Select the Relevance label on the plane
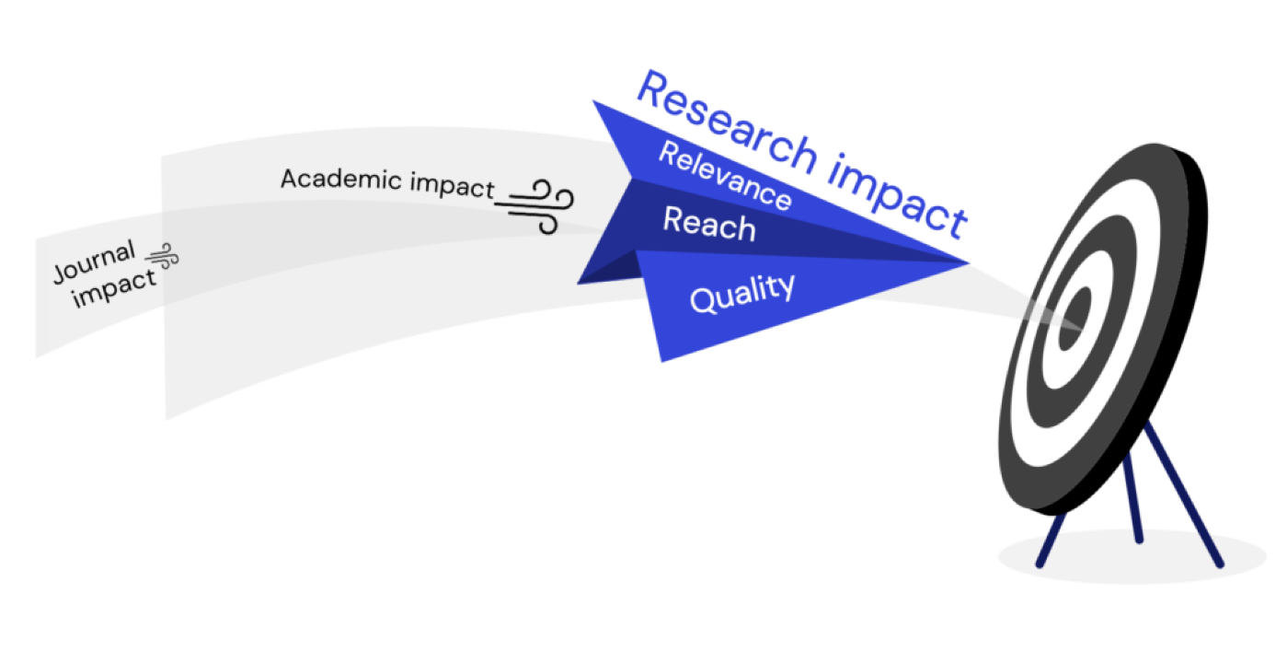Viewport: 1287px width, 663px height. pyautogui.click(x=725, y=175)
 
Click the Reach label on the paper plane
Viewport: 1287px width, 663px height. pyautogui.click(x=709, y=224)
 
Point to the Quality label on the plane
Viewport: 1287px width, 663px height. pyautogui.click(x=742, y=293)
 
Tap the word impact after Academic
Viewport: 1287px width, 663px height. pyautogui.click(x=452, y=186)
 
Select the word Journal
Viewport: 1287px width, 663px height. pyautogui.click(x=94, y=262)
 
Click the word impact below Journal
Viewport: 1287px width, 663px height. pyautogui.click(x=114, y=289)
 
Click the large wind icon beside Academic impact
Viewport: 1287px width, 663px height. pyautogui.click(x=534, y=207)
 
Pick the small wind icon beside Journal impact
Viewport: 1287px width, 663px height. pyautogui.click(x=162, y=257)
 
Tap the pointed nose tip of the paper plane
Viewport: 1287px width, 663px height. pyautogui.click(x=969, y=262)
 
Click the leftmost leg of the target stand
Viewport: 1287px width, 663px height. pyautogui.click(x=1051, y=540)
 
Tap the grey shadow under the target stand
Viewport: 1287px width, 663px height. pyautogui.click(x=1132, y=556)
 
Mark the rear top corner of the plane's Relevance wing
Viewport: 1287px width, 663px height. pyautogui.click(x=593, y=101)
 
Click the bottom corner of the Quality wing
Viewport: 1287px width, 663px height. pyautogui.click(x=661, y=362)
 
